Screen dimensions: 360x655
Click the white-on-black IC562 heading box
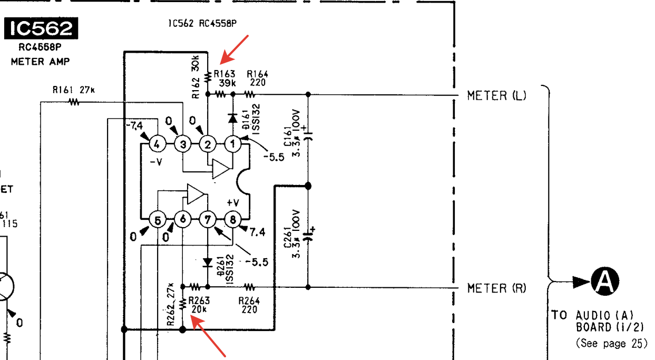[41, 30]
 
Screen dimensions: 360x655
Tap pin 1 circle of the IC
[232, 143]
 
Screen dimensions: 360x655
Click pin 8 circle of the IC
[232, 219]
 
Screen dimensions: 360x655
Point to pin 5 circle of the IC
[157, 219]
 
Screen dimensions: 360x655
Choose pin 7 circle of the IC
[208, 219]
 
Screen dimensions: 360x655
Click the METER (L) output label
[496, 95]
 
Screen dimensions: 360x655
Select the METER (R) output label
[496, 288]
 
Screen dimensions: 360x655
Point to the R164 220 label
[257, 79]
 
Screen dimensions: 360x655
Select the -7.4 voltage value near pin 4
[134, 125]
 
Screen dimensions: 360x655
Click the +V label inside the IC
[233, 202]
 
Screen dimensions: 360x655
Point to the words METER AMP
[40, 62]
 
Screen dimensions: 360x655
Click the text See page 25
[611, 343]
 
